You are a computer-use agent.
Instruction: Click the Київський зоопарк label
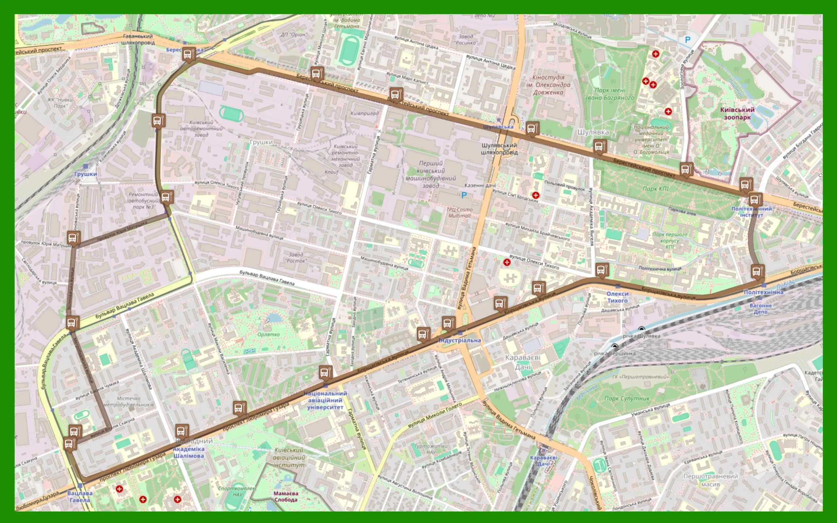[x=737, y=113]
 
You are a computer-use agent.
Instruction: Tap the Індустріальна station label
[x=459, y=340]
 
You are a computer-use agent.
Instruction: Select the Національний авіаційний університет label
[x=325, y=400]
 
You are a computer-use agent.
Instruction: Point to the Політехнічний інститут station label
[x=751, y=212]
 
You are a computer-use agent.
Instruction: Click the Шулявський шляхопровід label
[x=499, y=149]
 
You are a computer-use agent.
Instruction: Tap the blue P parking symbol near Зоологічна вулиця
[x=688, y=40]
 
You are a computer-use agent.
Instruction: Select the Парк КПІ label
[x=656, y=189]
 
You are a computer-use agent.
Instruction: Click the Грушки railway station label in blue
[x=85, y=174]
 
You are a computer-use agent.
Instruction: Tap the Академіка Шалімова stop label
[x=189, y=452]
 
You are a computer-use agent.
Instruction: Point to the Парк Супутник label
[x=627, y=398]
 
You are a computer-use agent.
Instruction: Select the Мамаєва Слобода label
[x=286, y=497]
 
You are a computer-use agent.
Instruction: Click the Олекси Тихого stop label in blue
[x=617, y=297]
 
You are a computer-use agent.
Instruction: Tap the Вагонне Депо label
[x=760, y=309]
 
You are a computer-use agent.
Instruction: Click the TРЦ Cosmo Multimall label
[x=459, y=213]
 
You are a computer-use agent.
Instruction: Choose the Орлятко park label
[x=268, y=334]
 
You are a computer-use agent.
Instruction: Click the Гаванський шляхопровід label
[x=138, y=40]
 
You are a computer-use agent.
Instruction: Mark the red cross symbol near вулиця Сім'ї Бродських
[x=536, y=195]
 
